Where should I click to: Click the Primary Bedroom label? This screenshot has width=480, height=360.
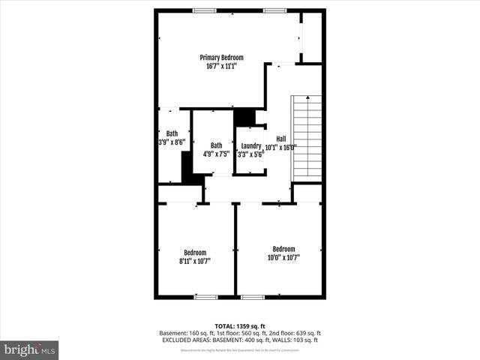[x=221, y=57]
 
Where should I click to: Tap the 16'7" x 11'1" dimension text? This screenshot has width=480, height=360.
[x=221, y=66]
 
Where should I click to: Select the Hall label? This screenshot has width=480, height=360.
[x=281, y=138]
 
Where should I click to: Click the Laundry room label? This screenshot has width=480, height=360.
[x=250, y=145]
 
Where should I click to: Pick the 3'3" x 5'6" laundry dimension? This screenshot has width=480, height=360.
[x=250, y=154]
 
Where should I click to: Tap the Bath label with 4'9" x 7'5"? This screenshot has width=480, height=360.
[x=216, y=145]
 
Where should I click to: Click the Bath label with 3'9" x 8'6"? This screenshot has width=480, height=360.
[x=172, y=133]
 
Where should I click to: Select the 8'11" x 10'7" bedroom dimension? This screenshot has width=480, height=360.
[x=195, y=262]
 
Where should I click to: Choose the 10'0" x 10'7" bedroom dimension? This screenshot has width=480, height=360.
[x=283, y=258]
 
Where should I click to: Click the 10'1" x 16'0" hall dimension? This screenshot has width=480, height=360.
[x=281, y=147]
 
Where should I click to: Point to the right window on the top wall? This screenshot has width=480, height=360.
[x=274, y=10]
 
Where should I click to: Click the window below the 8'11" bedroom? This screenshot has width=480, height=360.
[x=205, y=297]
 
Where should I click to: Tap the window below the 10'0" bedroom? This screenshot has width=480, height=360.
[x=252, y=297]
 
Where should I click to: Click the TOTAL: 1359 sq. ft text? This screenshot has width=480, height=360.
[x=239, y=325]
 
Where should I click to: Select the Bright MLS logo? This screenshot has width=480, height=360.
[x=29, y=349]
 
